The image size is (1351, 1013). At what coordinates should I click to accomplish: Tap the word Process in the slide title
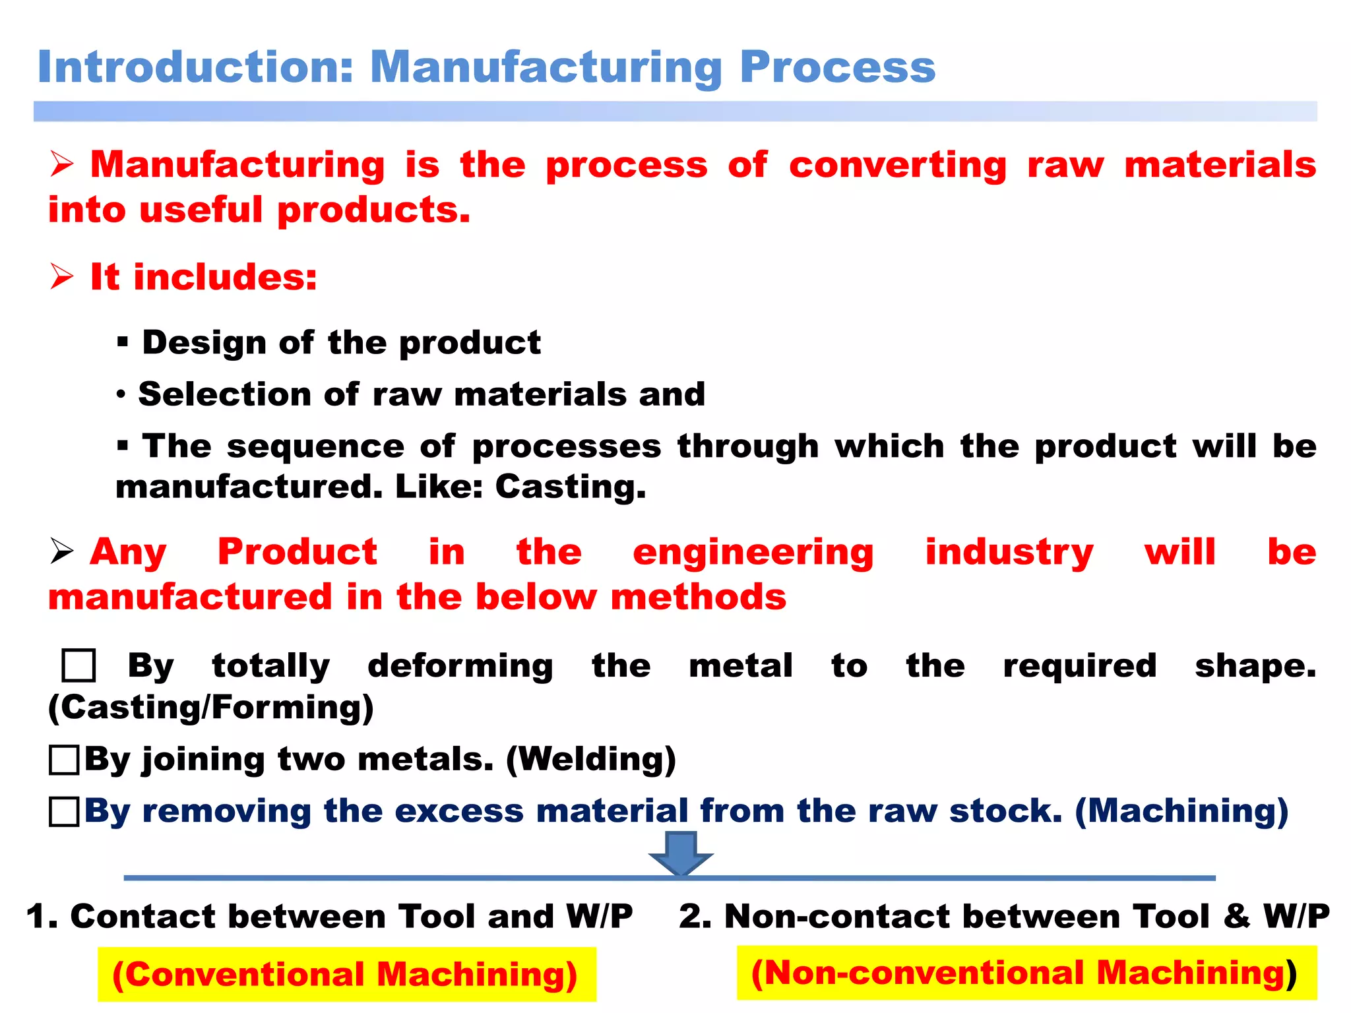[837, 69]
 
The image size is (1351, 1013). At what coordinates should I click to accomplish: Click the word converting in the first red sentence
[898, 166]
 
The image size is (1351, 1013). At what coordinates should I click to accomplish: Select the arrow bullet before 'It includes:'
[62, 276]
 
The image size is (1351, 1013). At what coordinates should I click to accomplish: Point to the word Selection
[224, 394]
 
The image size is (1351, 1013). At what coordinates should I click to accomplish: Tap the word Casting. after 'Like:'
[571, 487]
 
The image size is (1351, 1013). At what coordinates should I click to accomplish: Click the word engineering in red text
[753, 553]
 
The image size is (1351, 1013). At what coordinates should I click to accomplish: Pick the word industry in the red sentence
[1009, 553]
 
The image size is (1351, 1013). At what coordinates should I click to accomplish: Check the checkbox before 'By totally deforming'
[79, 665]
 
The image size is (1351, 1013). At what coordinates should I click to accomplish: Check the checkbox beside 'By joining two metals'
[64, 760]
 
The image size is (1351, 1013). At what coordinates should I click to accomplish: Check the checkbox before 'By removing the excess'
[64, 811]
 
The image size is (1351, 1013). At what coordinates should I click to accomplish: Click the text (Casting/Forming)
[211, 708]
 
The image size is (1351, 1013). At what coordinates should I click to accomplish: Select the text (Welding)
[591, 759]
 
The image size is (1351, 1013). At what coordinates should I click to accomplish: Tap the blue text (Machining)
[1181, 811]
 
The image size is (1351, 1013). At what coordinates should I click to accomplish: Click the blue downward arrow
[681, 853]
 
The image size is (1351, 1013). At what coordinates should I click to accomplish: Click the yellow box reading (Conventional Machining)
[346, 974]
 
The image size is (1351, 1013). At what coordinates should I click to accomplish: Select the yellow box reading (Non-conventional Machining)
[1026, 973]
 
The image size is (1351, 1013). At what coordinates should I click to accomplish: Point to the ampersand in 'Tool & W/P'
[1236, 917]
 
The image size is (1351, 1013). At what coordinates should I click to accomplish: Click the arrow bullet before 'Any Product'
[62, 551]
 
